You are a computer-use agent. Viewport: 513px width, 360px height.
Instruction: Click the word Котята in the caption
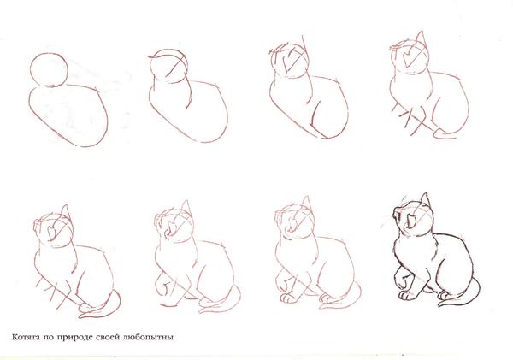(x=26, y=337)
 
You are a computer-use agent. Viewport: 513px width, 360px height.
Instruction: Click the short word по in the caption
(x=49, y=338)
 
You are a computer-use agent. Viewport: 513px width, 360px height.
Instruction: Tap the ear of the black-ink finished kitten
(x=424, y=199)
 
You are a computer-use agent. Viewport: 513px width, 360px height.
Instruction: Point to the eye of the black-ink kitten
(x=410, y=221)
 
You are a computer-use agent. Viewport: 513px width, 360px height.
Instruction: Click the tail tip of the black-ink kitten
(x=440, y=304)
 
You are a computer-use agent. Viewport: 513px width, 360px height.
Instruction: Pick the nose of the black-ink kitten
(x=396, y=215)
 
